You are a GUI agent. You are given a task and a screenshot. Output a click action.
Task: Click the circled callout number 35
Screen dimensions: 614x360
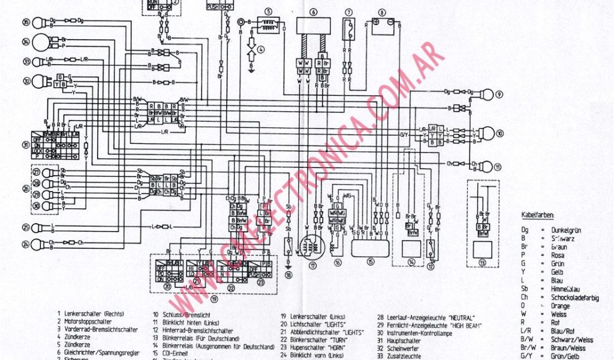25,23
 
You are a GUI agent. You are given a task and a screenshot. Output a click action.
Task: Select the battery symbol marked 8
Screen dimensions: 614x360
381,26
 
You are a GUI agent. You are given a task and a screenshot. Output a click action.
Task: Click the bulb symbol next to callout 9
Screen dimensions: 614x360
485,94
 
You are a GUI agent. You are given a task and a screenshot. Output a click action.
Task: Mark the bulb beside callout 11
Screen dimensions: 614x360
484,166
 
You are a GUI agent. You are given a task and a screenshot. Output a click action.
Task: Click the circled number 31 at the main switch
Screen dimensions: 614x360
26,145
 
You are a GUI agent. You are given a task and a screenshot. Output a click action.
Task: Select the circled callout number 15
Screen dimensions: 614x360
371,263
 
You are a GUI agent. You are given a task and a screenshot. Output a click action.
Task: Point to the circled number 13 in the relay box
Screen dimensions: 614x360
482,263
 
